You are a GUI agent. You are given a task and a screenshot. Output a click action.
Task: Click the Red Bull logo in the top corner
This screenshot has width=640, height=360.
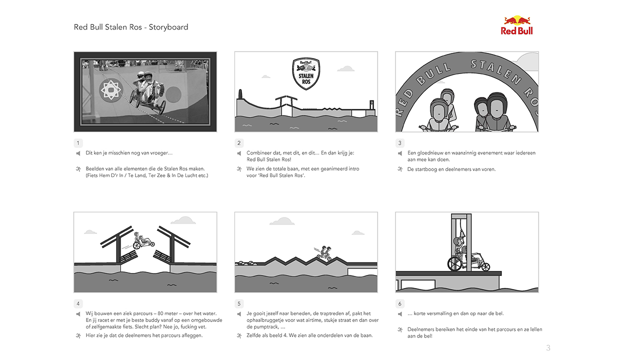pos(516,25)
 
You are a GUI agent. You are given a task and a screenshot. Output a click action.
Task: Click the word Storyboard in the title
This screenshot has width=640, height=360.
pos(168,27)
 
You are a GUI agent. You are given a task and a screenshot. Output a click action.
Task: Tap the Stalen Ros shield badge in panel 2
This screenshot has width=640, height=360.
pos(306,73)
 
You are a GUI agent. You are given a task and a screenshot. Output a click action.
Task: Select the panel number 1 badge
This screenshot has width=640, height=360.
pos(78,143)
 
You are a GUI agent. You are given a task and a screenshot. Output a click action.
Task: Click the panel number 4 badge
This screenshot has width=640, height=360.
pos(78,303)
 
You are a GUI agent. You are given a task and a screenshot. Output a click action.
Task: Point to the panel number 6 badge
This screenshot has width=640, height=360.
pos(399,303)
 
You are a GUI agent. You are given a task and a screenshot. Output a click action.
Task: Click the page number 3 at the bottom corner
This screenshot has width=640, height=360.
pos(548,347)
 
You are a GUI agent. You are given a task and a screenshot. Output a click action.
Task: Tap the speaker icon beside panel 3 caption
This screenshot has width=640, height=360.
pos(399,153)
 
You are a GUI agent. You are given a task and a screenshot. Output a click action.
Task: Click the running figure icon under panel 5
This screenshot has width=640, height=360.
pos(239,335)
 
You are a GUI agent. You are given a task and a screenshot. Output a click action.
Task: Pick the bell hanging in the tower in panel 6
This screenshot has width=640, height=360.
pos(461,233)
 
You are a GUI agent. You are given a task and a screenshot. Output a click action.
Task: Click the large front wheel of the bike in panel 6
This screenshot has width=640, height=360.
pos(455,263)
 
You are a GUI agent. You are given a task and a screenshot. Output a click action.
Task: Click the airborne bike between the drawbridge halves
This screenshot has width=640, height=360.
pos(143,241)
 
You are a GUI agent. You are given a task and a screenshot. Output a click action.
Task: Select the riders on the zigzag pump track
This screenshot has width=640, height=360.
pos(324,253)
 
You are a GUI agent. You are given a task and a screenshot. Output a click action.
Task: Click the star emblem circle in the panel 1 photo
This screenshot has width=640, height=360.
pos(111,90)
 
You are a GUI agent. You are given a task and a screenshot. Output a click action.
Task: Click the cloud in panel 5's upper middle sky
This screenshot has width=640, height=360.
pos(282,221)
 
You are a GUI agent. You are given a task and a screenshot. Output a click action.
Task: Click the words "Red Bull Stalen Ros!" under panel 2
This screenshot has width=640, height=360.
pos(269,159)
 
